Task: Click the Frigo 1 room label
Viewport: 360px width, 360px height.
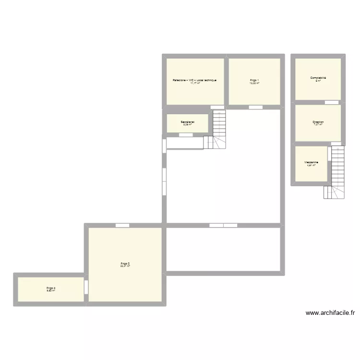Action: (x=254, y=80)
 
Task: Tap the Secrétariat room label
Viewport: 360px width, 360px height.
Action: (x=187, y=122)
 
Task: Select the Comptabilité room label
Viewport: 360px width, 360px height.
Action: (x=318, y=77)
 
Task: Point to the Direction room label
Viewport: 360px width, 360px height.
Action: (x=318, y=122)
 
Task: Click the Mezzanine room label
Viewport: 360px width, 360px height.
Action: (x=311, y=162)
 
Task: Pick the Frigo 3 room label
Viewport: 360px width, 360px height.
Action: (x=125, y=263)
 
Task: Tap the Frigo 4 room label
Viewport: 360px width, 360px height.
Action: (x=51, y=288)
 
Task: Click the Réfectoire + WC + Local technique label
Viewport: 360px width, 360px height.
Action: (x=195, y=80)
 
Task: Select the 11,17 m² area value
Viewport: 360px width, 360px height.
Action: (x=195, y=83)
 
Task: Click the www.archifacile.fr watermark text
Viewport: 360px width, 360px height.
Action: (x=330, y=313)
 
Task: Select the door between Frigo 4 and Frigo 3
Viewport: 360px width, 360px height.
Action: (x=86, y=288)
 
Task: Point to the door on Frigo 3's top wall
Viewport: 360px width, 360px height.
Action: (x=122, y=225)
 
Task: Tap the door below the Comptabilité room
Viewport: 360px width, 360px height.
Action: (x=331, y=102)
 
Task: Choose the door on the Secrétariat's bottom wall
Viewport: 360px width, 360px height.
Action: (x=185, y=135)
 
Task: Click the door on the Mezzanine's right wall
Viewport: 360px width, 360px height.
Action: (x=329, y=154)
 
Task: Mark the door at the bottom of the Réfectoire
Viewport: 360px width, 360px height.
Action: (x=217, y=107)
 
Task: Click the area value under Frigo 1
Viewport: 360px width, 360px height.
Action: (x=254, y=83)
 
